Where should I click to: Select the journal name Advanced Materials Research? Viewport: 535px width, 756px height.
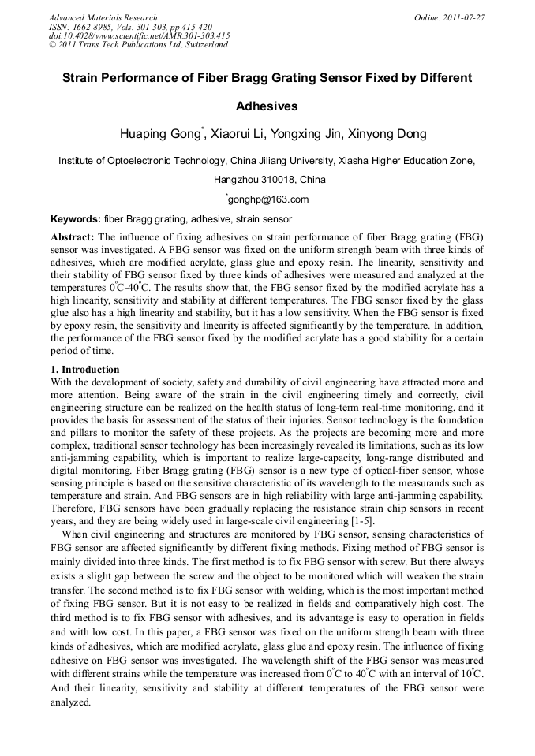tap(103, 17)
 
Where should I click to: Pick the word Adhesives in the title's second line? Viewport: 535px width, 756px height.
tap(267, 105)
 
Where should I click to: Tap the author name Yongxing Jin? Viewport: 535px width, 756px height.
tap(316, 134)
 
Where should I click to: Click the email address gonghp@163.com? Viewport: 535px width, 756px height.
tap(268, 199)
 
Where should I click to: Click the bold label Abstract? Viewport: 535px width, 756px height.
tap(73, 237)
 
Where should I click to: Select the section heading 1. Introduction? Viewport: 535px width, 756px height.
tap(85, 370)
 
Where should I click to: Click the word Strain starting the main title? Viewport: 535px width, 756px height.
tap(80, 78)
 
